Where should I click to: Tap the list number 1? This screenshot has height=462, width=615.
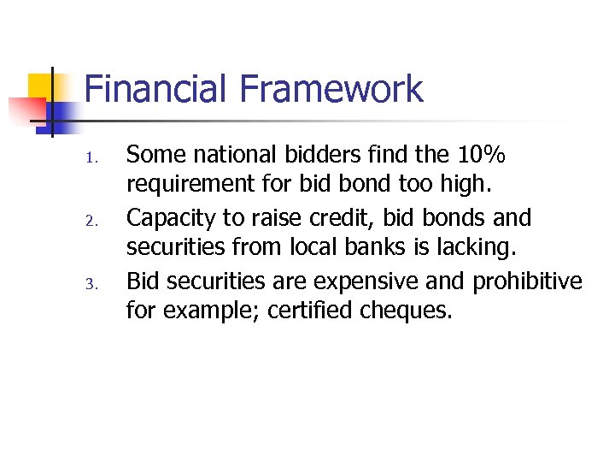pos(95,159)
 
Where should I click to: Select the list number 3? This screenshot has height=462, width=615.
pos(95,284)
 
